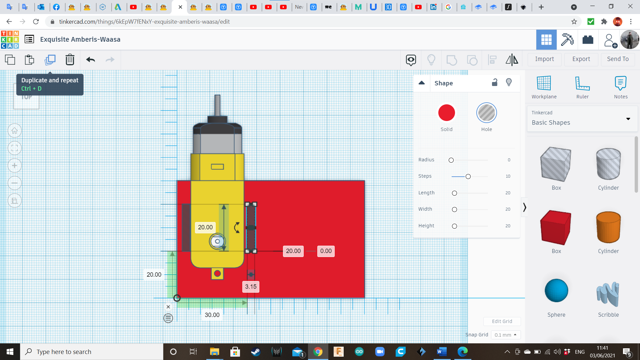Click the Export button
click(581, 59)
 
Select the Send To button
click(618, 59)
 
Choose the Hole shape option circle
click(486, 113)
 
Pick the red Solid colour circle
click(446, 113)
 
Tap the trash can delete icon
click(70, 60)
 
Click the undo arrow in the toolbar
click(90, 60)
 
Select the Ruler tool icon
click(582, 83)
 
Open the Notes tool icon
click(620, 83)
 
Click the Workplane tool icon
click(544, 83)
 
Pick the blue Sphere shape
click(556, 290)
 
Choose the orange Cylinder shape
click(608, 227)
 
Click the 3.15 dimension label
click(251, 287)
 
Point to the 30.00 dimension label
click(212, 315)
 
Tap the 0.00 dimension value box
click(326, 251)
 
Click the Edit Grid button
click(502, 321)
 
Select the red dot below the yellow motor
click(217, 274)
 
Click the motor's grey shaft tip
click(217, 97)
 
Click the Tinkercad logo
click(10, 40)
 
